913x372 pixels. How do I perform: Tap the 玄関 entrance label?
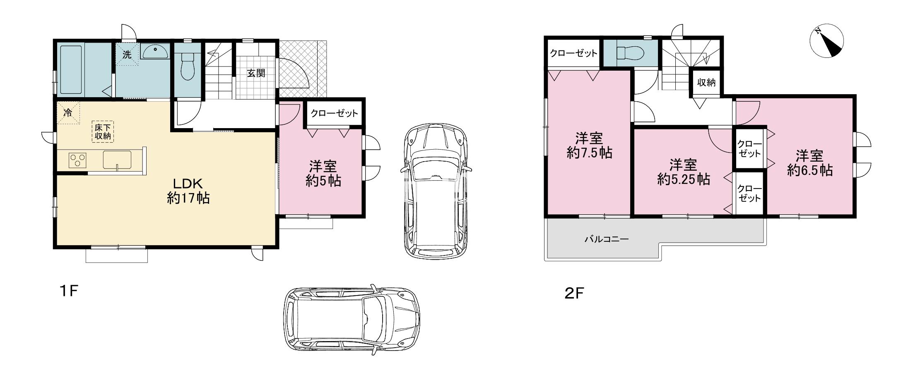(x=256, y=73)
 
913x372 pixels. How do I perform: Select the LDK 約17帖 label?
(x=188, y=191)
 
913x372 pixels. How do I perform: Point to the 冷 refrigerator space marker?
(x=68, y=112)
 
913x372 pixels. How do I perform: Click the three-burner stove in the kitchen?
(x=77, y=160)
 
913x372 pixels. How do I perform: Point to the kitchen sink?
(x=117, y=160)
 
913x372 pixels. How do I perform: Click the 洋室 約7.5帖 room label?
(x=589, y=145)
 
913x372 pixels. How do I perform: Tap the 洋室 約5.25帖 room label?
(x=684, y=172)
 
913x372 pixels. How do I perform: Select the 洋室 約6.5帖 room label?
(x=809, y=163)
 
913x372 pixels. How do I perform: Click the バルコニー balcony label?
(x=607, y=239)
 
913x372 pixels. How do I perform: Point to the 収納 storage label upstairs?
(x=706, y=82)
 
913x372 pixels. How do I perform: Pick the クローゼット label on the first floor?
(x=334, y=113)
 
